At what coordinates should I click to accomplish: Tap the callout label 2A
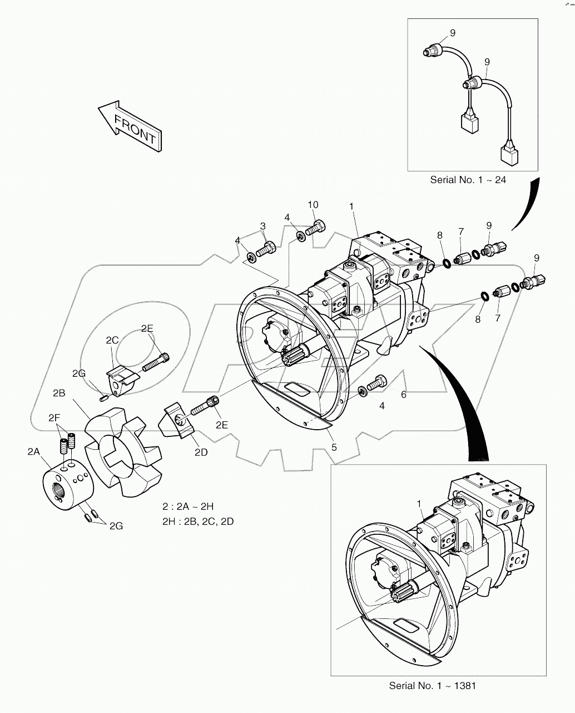[x=34, y=452]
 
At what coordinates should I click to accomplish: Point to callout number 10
[x=314, y=205]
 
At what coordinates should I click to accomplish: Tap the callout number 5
[x=333, y=446]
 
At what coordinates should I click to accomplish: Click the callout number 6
[x=404, y=395]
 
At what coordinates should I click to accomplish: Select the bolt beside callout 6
[x=376, y=383]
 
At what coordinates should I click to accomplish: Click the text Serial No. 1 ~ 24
[x=468, y=180]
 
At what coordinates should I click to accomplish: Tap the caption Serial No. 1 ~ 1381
[x=432, y=686]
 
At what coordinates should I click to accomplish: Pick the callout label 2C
[x=112, y=340]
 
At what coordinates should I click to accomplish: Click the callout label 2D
[x=201, y=453]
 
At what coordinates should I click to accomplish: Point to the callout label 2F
[x=54, y=417]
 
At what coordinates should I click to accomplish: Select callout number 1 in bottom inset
[x=419, y=503]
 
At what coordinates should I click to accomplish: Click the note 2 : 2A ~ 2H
[x=188, y=507]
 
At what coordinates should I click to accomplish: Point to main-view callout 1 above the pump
[x=351, y=206]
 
